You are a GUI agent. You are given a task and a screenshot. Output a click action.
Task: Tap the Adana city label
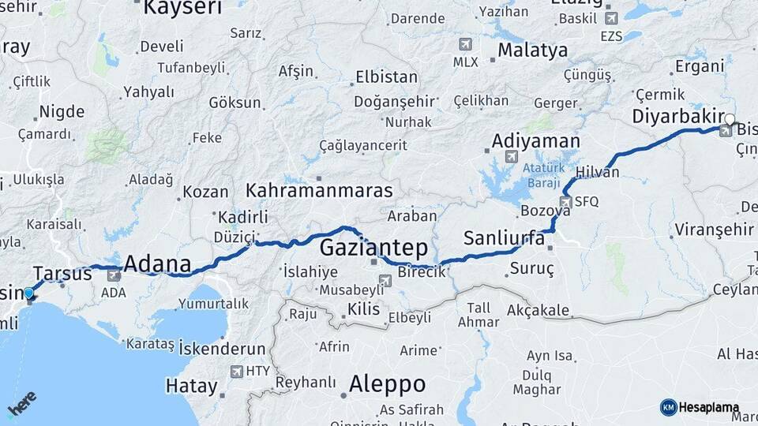pyautogui.click(x=158, y=263)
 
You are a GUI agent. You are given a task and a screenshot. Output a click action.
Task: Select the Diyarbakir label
pyautogui.click(x=678, y=117)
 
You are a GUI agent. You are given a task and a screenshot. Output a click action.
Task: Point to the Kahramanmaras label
pyautogui.click(x=319, y=191)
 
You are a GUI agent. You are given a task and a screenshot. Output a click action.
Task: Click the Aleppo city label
pyautogui.click(x=387, y=385)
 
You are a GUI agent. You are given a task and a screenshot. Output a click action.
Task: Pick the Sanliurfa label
pyautogui.click(x=505, y=237)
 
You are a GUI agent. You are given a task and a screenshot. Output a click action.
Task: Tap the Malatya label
pyautogui.click(x=533, y=50)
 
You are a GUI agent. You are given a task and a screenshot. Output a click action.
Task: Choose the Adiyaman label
pyautogui.click(x=535, y=141)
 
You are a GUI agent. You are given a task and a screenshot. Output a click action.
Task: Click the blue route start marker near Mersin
pyautogui.click(x=29, y=293)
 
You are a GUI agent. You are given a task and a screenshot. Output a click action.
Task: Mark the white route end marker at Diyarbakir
pyautogui.click(x=730, y=120)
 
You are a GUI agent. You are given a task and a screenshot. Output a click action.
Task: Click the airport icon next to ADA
pyautogui.click(x=114, y=275)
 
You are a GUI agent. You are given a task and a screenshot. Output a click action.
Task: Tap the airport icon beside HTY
pyautogui.click(x=236, y=371)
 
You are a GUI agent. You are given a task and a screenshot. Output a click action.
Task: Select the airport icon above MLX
pyautogui.click(x=466, y=44)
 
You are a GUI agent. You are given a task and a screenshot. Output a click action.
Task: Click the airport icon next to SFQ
pyautogui.click(x=565, y=202)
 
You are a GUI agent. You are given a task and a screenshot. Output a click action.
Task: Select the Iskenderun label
pyautogui.click(x=222, y=348)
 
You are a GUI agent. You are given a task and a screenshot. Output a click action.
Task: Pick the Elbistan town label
pyautogui.click(x=386, y=77)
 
